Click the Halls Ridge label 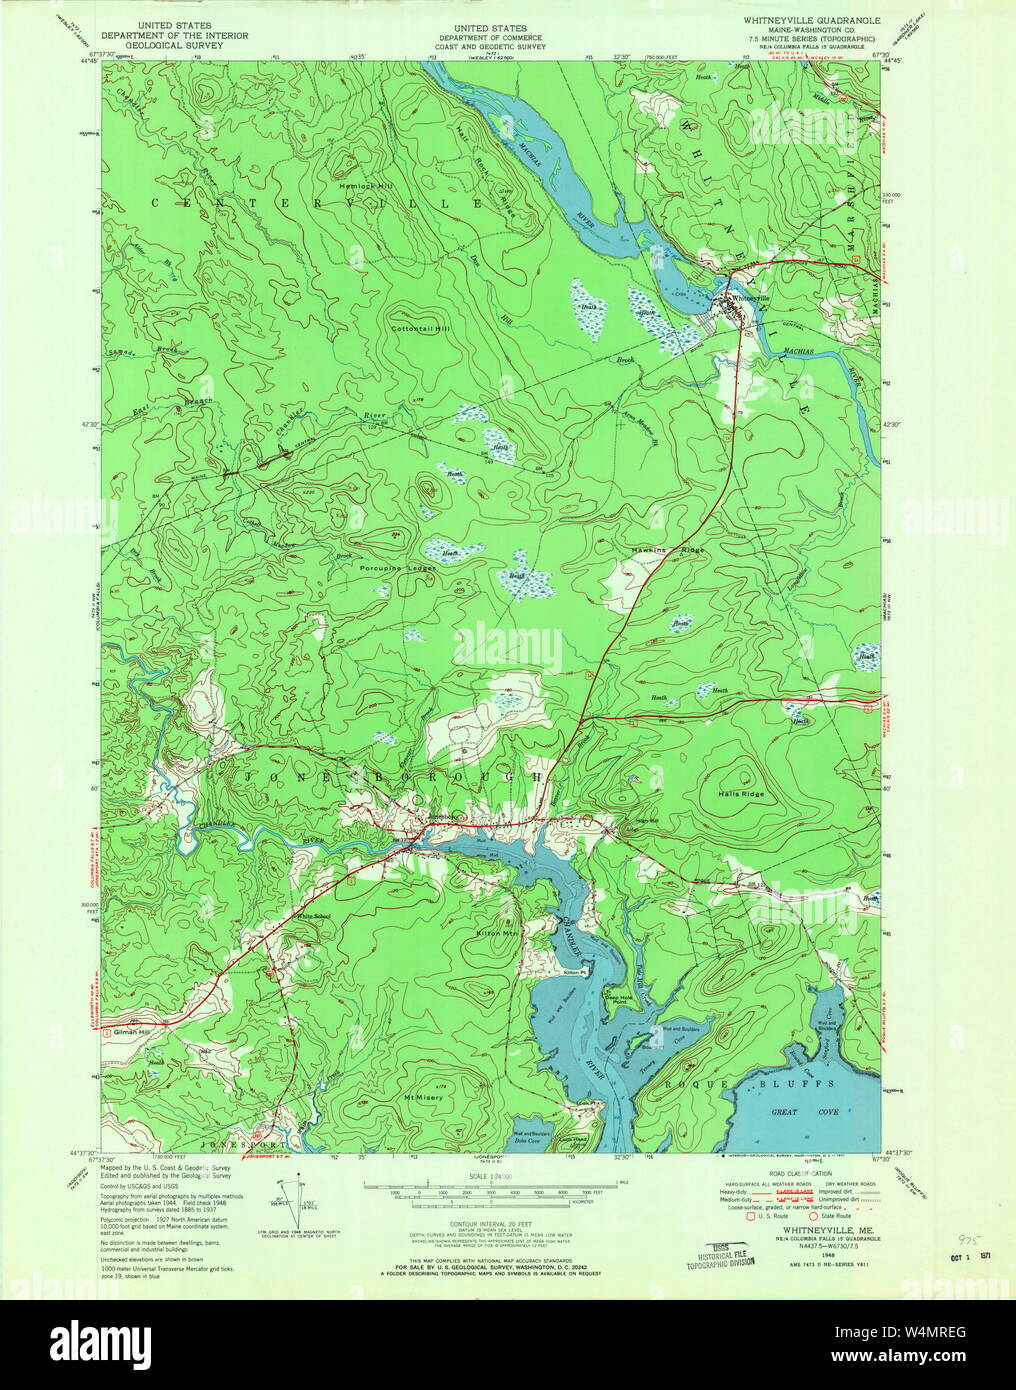[x=740, y=794]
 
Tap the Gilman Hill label [x=131, y=1031]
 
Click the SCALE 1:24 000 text [x=487, y=1177]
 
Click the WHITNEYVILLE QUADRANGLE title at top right [x=811, y=19]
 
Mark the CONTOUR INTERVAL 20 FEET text [x=487, y=1228]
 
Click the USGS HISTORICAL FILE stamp [x=720, y=1257]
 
